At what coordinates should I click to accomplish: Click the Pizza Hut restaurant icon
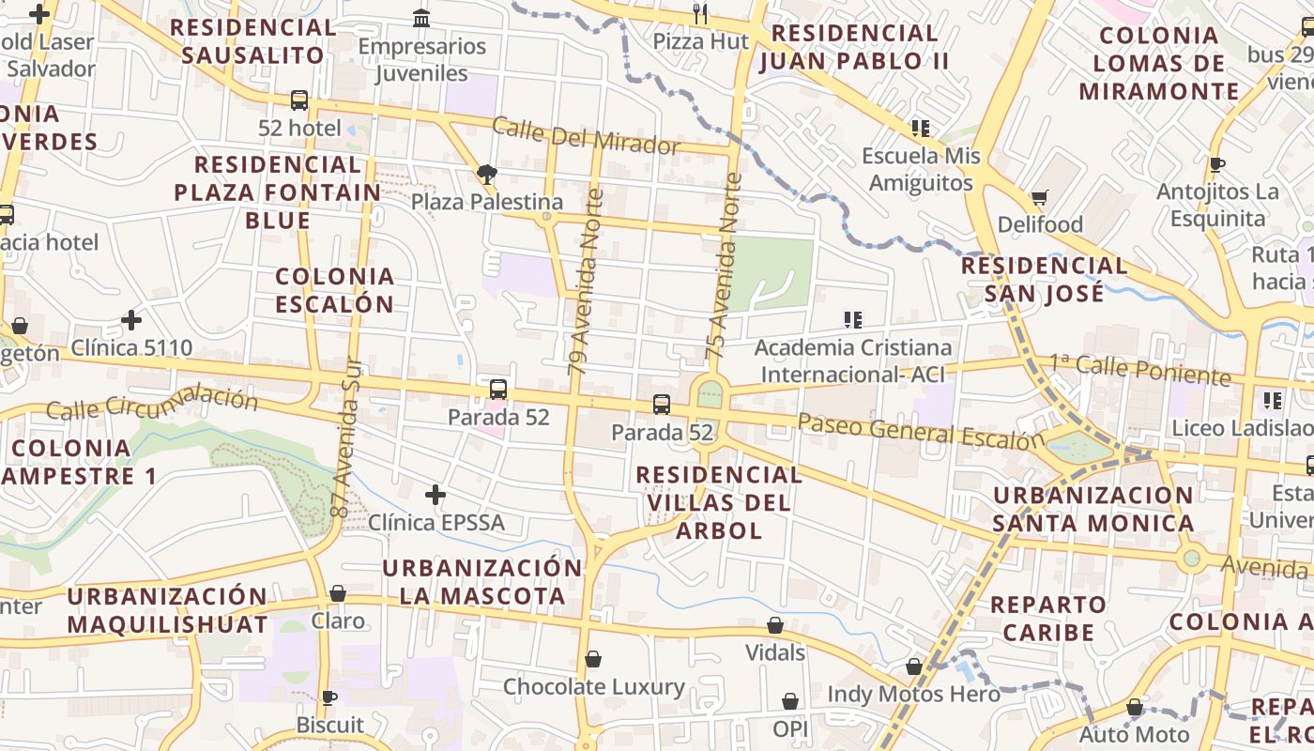coord(700,13)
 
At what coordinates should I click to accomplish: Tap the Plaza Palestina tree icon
coord(486,174)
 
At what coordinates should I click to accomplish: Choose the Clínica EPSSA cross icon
coord(435,494)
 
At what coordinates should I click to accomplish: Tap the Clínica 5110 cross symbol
coord(131,320)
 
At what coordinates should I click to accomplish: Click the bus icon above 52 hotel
coord(299,100)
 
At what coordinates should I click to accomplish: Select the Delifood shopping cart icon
coord(1040,197)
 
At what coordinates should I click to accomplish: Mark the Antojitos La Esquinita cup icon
coord(1217,165)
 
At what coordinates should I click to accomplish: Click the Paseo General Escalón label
coord(920,431)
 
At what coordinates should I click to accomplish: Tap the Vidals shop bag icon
coord(775,625)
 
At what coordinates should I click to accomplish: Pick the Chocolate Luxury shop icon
coord(593,660)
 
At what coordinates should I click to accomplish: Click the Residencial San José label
coord(1045,279)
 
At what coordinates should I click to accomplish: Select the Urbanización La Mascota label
coord(482,581)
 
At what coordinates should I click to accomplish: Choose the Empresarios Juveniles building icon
coord(421,18)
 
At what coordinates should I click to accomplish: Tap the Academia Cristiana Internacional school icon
coord(853,320)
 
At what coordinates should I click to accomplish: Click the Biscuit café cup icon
coord(329,697)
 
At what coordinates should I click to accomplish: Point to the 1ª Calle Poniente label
coord(1138,369)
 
